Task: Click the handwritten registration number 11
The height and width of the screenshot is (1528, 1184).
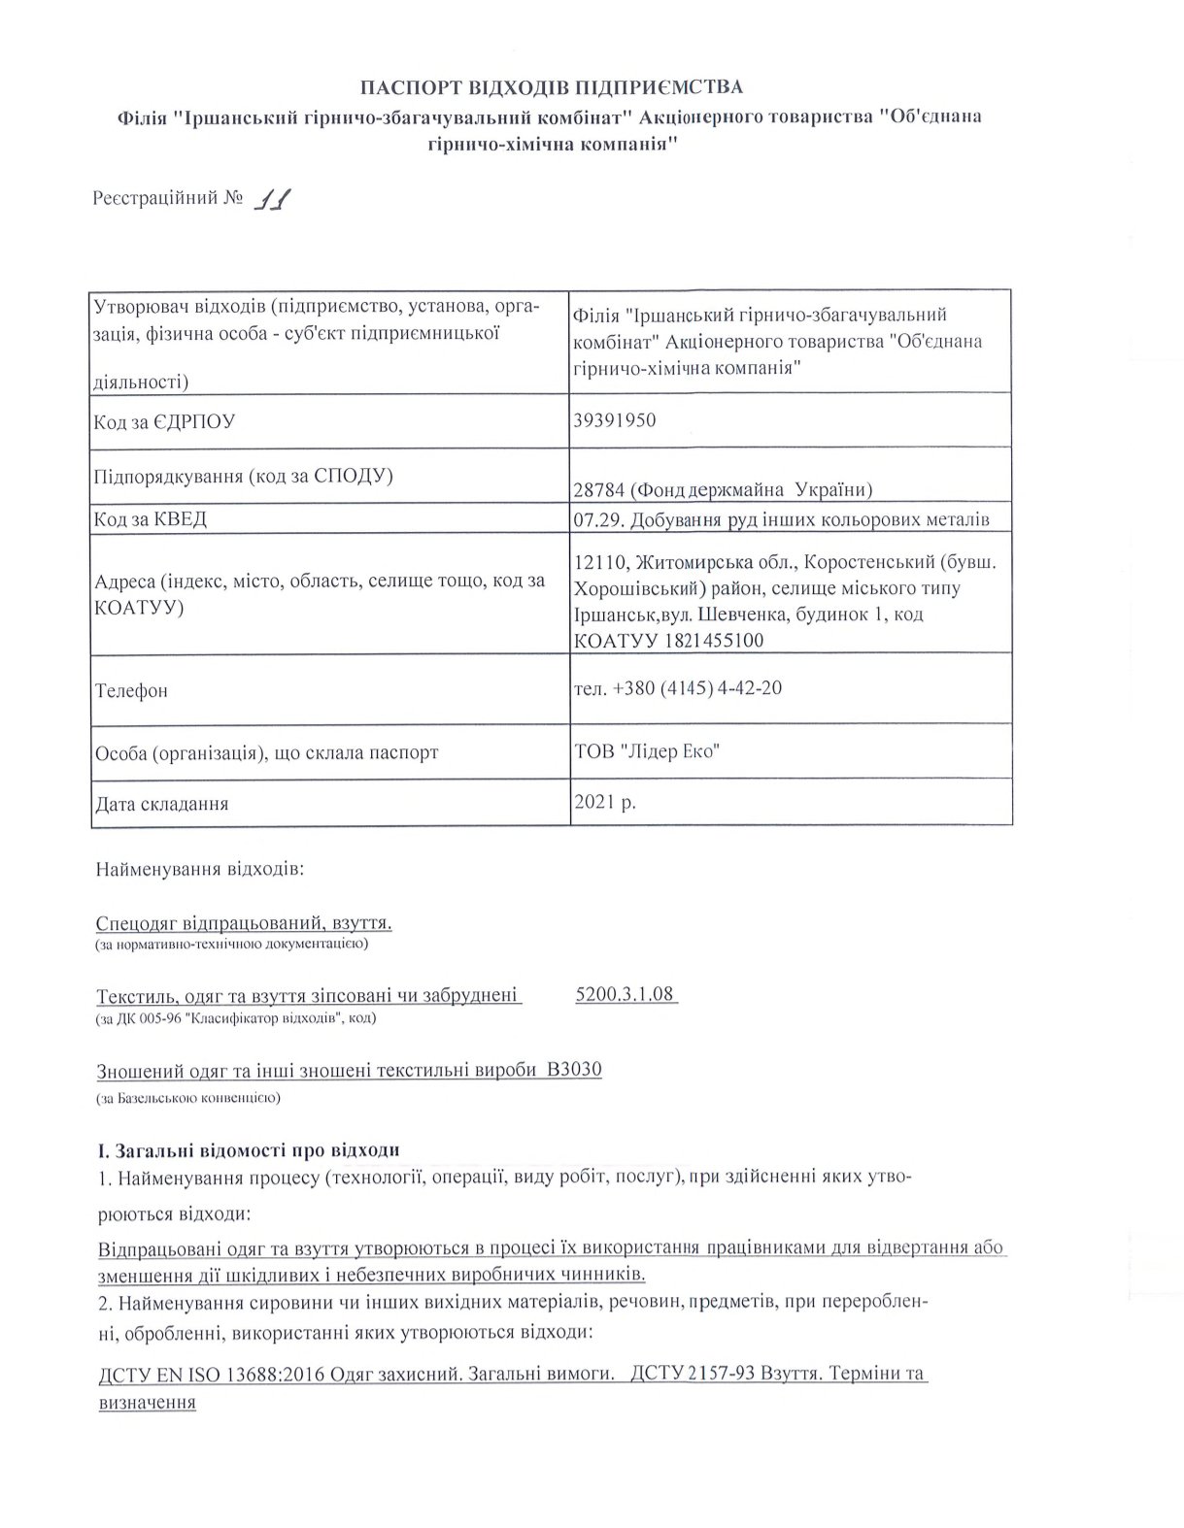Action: click(272, 200)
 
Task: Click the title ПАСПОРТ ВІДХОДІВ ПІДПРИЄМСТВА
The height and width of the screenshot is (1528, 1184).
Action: click(552, 87)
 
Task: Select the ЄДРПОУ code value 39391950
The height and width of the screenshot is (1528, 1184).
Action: click(615, 420)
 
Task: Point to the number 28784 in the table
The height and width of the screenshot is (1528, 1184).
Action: click(598, 488)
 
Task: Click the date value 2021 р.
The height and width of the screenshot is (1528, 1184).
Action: click(605, 802)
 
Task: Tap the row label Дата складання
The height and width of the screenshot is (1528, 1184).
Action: click(161, 804)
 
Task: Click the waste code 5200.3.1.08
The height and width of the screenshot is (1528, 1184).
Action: click(625, 994)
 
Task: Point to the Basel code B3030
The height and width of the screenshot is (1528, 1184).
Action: click(574, 1070)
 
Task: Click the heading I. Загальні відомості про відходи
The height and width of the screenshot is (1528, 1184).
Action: click(248, 1150)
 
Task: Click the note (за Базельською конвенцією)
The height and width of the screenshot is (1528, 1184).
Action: click(188, 1098)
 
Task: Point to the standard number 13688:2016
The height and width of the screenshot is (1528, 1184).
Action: click(279, 1375)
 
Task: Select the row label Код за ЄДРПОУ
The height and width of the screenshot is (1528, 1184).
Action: click(164, 422)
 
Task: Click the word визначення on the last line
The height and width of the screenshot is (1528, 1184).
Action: click(147, 1403)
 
